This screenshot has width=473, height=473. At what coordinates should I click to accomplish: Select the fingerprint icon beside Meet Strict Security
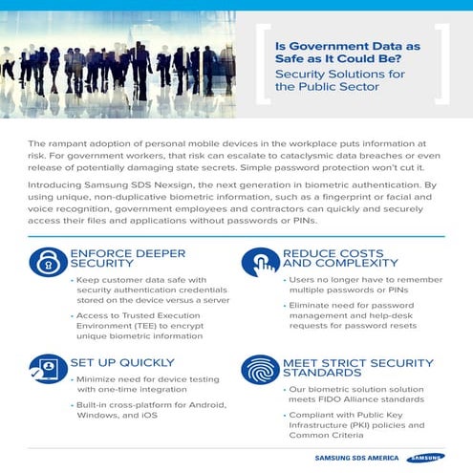pos(260,371)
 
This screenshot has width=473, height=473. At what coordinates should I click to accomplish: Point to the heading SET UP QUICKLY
pos(121,362)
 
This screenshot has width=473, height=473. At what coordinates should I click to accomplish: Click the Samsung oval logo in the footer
pos(425,457)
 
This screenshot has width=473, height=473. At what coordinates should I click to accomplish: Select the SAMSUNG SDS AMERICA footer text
pos(357,458)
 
